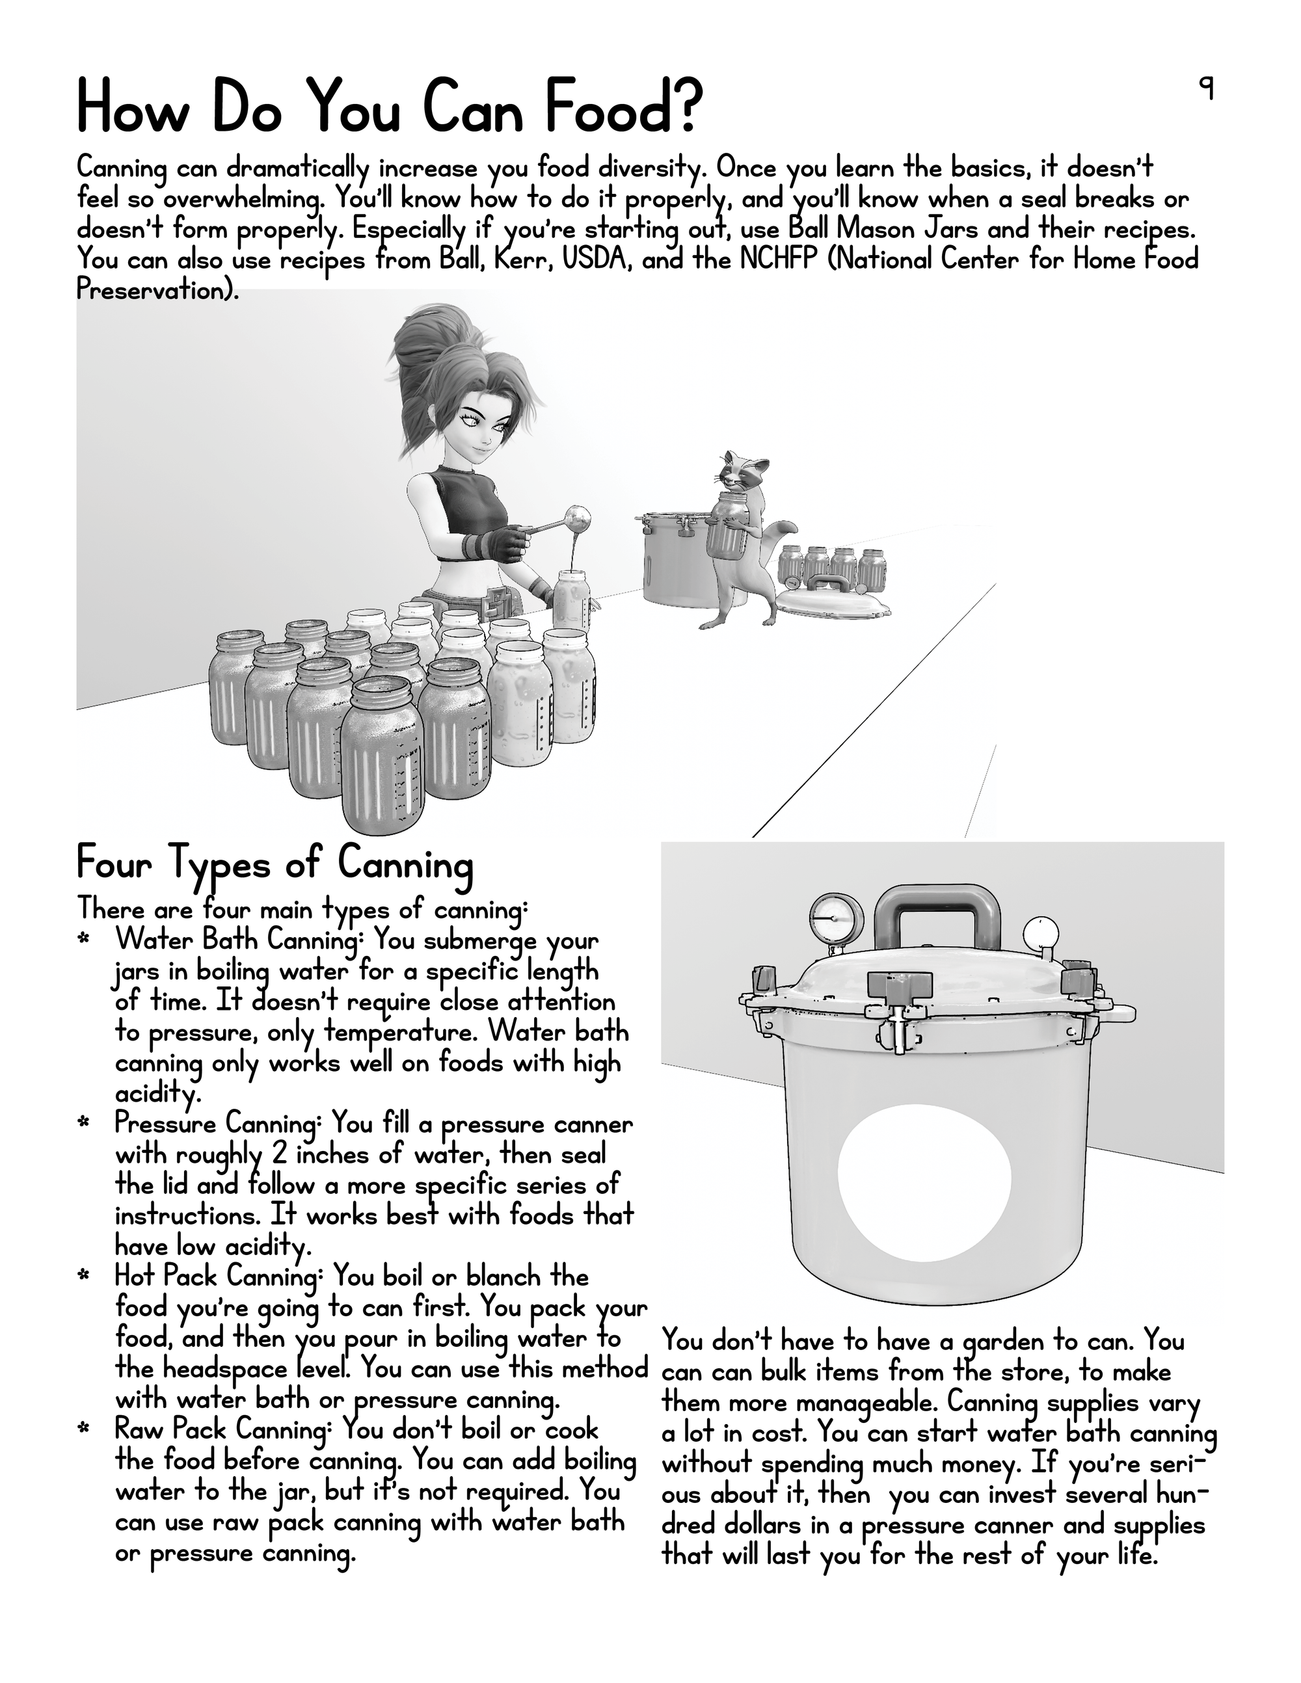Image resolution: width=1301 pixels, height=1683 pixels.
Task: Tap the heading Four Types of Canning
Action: coord(274,863)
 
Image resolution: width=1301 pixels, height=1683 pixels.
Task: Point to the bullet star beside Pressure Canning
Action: coord(83,1124)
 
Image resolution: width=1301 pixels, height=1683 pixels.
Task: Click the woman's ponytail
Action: coord(432,347)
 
